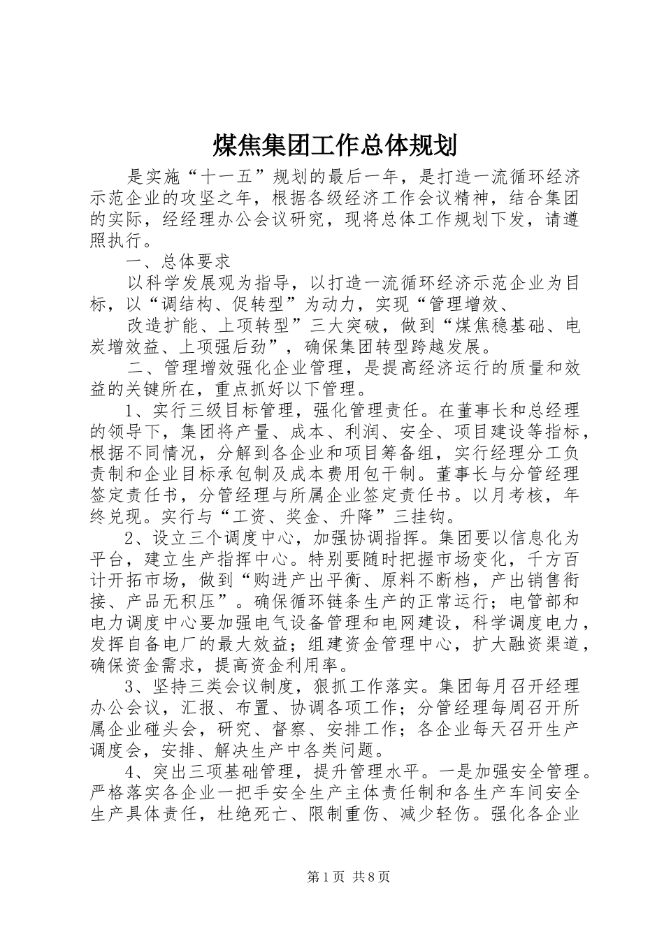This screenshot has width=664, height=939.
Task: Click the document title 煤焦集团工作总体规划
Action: pyautogui.click(x=334, y=145)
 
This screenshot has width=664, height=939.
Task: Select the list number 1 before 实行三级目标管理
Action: pyautogui.click(x=129, y=412)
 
